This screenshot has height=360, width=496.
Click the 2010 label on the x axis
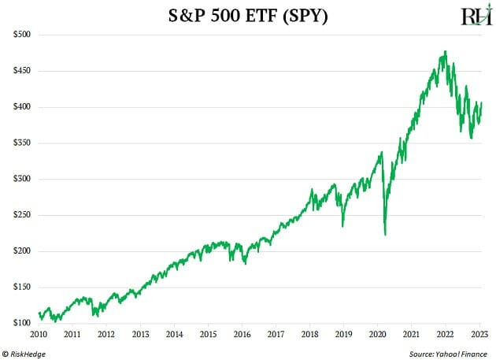point(38,334)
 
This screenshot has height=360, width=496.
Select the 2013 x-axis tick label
point(139,334)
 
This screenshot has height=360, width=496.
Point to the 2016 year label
point(241,334)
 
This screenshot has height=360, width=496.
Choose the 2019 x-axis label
point(343,334)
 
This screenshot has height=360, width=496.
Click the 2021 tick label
point(411,334)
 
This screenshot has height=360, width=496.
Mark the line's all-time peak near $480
point(446,52)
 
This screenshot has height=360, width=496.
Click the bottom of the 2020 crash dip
point(385,234)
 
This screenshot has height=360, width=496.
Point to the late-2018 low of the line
point(342,226)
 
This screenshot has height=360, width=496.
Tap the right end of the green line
point(482,103)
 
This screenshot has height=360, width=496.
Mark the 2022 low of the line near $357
point(471,139)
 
